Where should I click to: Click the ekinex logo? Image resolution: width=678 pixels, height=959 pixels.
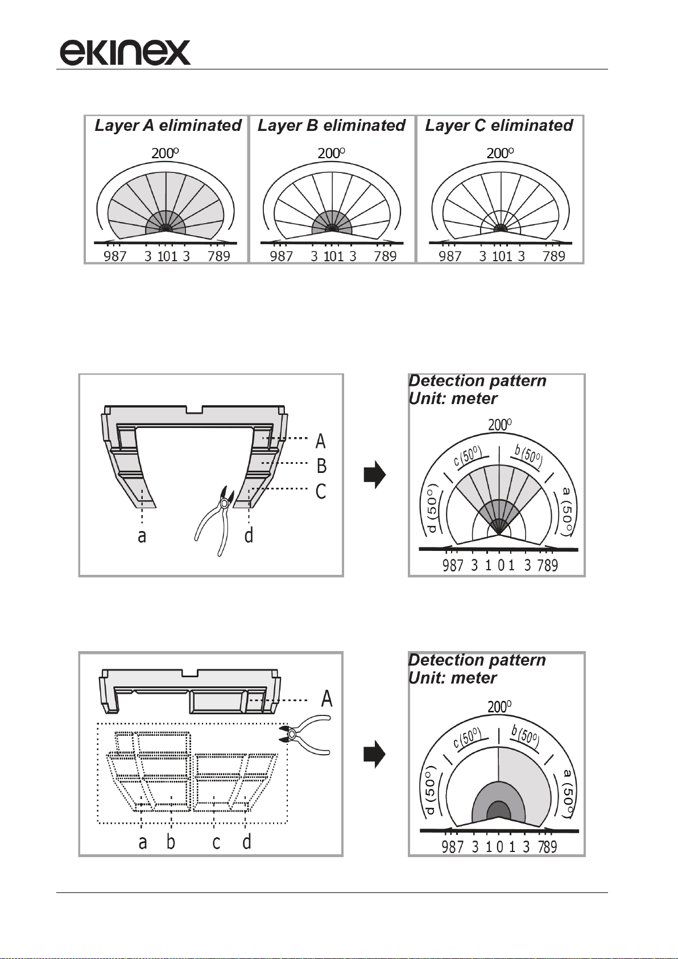tap(125, 52)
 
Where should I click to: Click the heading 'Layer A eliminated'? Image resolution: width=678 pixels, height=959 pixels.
tap(168, 125)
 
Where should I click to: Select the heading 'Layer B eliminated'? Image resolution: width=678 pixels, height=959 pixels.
tap(332, 125)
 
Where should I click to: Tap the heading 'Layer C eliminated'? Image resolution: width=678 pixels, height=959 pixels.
tap(499, 125)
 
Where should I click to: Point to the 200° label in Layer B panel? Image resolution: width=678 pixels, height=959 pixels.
tap(331, 153)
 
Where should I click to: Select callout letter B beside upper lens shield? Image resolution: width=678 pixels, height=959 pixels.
tap(321, 466)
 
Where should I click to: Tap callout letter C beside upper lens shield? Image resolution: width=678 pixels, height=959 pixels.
tap(321, 491)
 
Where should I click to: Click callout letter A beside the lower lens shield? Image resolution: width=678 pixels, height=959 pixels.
tap(327, 699)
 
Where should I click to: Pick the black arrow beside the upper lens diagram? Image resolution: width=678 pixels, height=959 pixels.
tap(375, 475)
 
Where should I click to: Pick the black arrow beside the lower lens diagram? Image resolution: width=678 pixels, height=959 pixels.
tap(375, 754)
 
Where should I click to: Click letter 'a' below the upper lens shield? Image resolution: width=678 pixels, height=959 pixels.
tap(142, 536)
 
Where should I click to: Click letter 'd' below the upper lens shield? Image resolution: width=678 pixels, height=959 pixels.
tap(249, 534)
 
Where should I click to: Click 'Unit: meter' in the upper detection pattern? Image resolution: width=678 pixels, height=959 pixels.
tap(453, 398)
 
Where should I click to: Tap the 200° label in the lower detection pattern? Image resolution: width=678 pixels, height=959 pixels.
tap(499, 706)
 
